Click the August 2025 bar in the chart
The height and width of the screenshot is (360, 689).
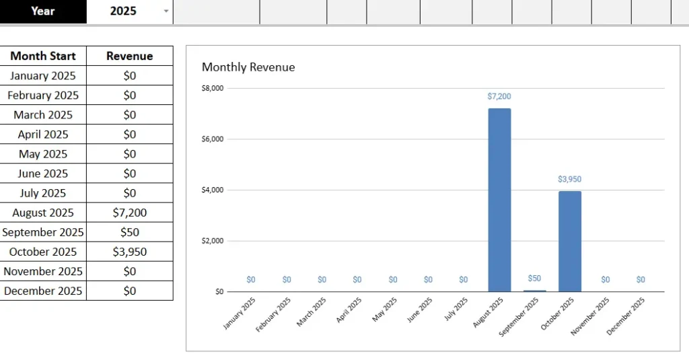(499, 200)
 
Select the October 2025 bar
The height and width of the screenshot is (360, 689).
(570, 241)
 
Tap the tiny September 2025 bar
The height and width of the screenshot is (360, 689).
(535, 291)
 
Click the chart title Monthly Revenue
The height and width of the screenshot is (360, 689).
(248, 67)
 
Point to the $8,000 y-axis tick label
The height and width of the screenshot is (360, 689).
(213, 88)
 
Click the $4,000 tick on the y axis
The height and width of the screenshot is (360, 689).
(213, 190)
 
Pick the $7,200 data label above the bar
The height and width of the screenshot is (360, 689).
(499, 97)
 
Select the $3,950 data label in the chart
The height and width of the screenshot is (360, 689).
(570, 180)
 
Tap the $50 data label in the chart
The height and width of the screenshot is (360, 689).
(534, 279)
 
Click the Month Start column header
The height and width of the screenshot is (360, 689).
(43, 56)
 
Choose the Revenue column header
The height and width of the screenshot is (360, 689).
(130, 56)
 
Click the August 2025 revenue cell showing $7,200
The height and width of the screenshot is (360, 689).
(130, 213)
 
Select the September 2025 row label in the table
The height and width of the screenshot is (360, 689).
(43, 232)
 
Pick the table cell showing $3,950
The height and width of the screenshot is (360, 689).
(130, 252)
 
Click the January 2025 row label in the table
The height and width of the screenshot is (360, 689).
(43, 75)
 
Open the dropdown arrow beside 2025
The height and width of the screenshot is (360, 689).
(166, 11)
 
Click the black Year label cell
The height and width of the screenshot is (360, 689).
(43, 11)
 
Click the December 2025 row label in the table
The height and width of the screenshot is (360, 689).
(43, 291)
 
